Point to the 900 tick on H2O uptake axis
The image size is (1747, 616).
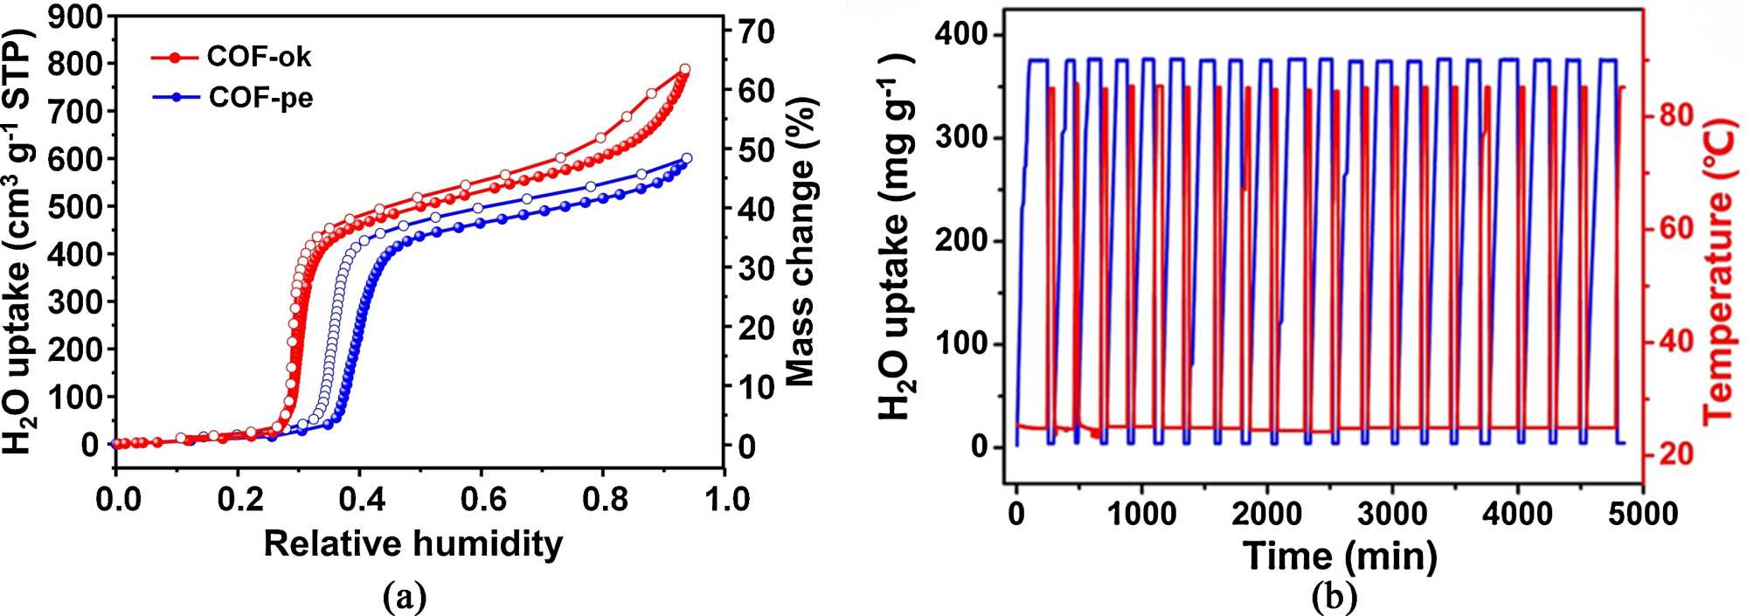tap(75, 17)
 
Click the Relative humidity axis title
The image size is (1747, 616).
tap(413, 543)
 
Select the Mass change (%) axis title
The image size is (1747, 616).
tap(800, 240)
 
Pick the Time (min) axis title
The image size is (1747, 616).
tap(1340, 556)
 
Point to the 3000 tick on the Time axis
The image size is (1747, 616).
tap(1391, 514)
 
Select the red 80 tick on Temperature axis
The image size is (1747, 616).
tap(1674, 114)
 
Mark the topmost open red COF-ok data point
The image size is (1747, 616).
tap(685, 69)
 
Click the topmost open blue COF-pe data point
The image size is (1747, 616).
tap(686, 158)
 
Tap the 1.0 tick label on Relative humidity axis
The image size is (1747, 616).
tap(725, 500)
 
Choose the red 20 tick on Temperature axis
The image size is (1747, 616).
tap(1674, 453)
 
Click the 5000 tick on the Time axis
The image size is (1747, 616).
tap(1642, 514)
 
